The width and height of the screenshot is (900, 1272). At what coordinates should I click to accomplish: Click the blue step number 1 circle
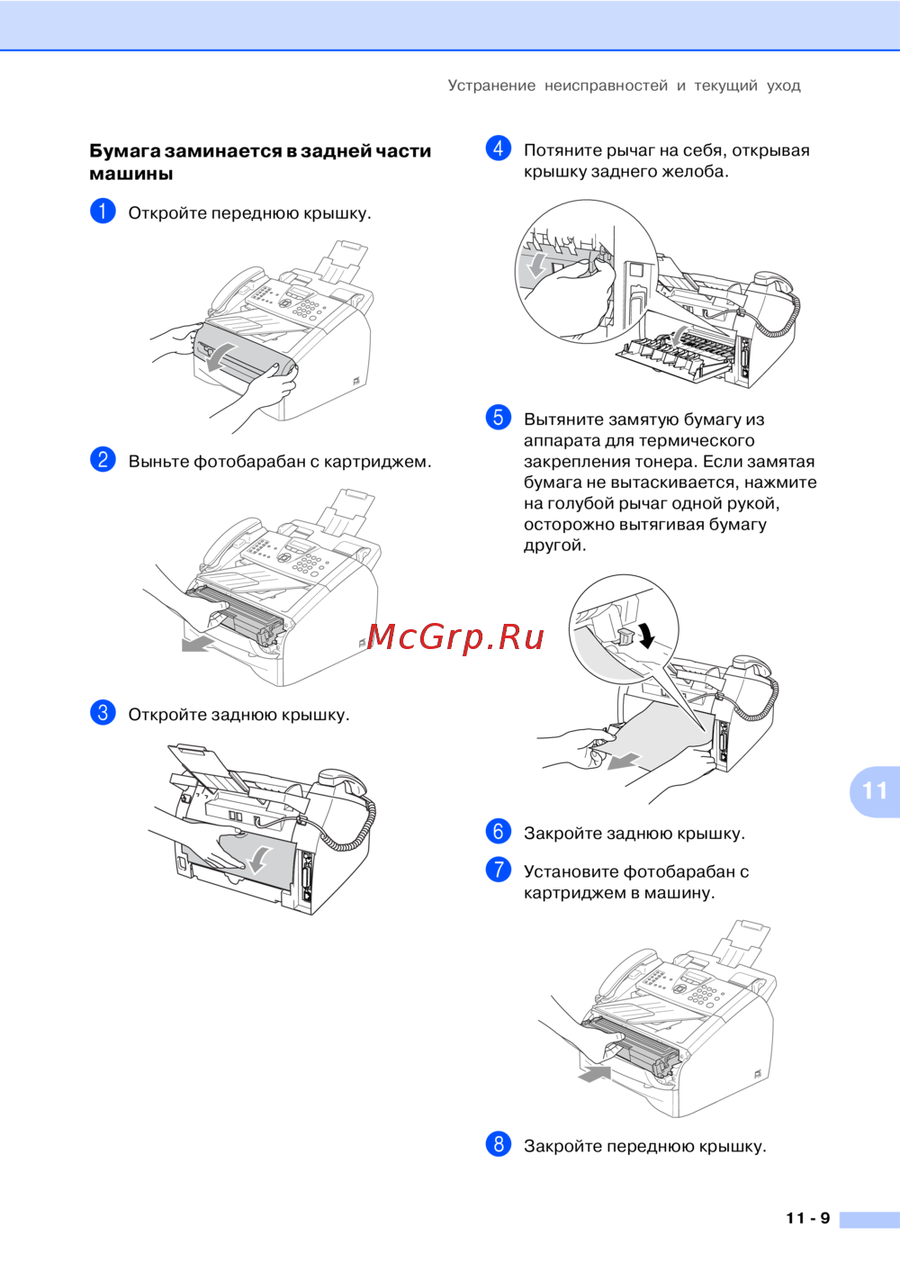point(103,212)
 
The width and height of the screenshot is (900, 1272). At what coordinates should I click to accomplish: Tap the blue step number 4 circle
point(499,149)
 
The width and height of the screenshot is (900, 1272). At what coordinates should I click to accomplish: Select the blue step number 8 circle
point(499,1143)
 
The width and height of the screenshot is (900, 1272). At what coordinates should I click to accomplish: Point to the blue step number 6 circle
point(499,831)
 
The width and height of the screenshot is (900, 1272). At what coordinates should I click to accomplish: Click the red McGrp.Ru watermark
point(455,637)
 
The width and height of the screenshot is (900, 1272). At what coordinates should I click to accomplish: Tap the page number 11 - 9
point(808,1218)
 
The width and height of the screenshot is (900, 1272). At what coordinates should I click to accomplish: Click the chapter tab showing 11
point(875,791)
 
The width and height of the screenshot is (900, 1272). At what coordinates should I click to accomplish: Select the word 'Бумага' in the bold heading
point(122,151)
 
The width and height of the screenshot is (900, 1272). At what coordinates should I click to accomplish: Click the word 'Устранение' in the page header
point(491,86)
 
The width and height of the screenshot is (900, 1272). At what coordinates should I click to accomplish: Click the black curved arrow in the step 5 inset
point(646,635)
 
